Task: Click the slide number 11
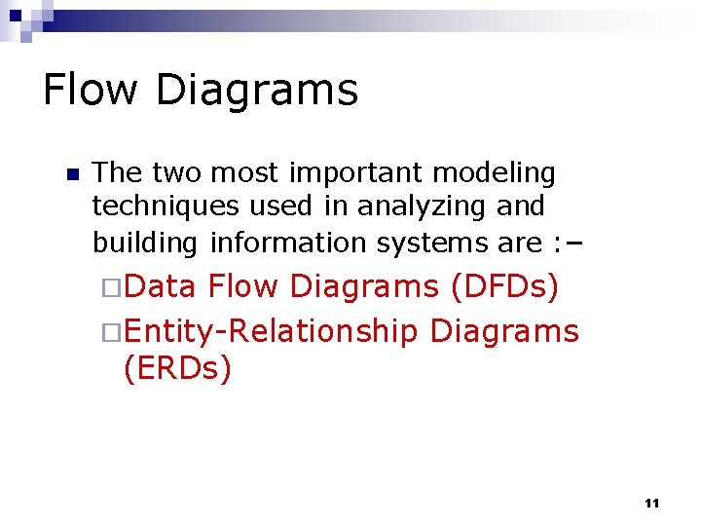click(652, 503)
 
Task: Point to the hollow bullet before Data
click(111, 287)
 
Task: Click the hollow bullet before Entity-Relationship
click(111, 332)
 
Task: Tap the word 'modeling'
click(494, 174)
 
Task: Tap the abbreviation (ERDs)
click(177, 371)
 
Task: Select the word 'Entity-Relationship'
click(271, 332)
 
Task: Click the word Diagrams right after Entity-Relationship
click(504, 332)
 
